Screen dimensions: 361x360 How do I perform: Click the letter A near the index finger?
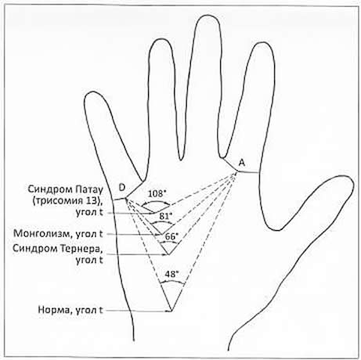click(x=242, y=163)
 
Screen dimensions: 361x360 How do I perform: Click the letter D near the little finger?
click(x=122, y=187)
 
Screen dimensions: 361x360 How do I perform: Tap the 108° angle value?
click(x=157, y=194)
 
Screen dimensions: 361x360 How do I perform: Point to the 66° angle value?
click(x=171, y=236)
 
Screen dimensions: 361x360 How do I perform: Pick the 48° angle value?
click(x=171, y=274)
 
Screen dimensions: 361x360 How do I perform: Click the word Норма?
click(x=54, y=310)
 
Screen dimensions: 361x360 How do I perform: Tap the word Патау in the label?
click(x=90, y=189)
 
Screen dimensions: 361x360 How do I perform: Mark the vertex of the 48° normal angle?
click(x=171, y=311)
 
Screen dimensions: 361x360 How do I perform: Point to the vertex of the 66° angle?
click(x=168, y=254)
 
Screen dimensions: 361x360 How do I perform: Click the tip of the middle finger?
click(x=207, y=16)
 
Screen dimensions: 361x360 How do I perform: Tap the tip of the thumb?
click(x=346, y=178)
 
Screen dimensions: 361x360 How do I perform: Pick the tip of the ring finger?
click(x=160, y=40)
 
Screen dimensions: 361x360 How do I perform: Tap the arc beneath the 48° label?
click(x=172, y=281)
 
